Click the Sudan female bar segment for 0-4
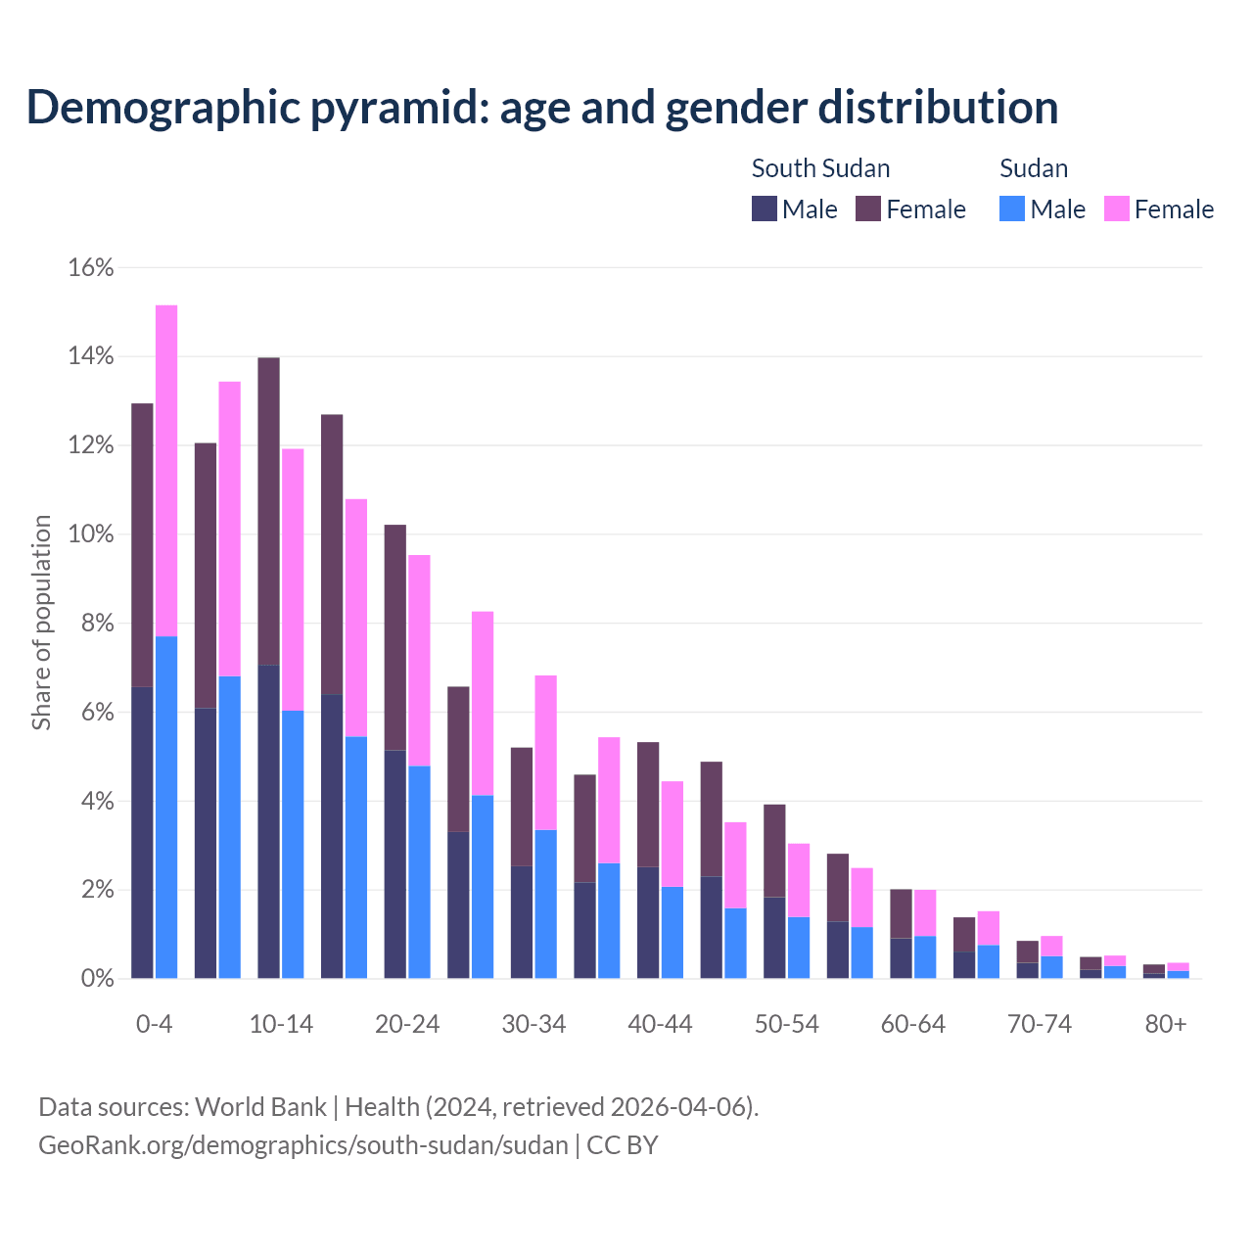click(166, 470)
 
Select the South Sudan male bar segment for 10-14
click(268, 822)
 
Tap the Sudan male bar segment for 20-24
click(419, 871)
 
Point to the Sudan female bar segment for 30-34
click(545, 752)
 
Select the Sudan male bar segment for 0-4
click(166, 808)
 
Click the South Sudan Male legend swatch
click(765, 209)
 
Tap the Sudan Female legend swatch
click(1117, 209)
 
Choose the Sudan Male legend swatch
click(1012, 209)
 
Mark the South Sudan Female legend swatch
click(868, 209)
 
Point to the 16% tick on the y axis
click(91, 267)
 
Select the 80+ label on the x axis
click(1166, 1025)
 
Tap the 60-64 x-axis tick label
click(912, 1025)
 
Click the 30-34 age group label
click(534, 1025)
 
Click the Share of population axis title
click(42, 623)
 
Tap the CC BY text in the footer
click(623, 1144)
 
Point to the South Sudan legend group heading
click(820, 168)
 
